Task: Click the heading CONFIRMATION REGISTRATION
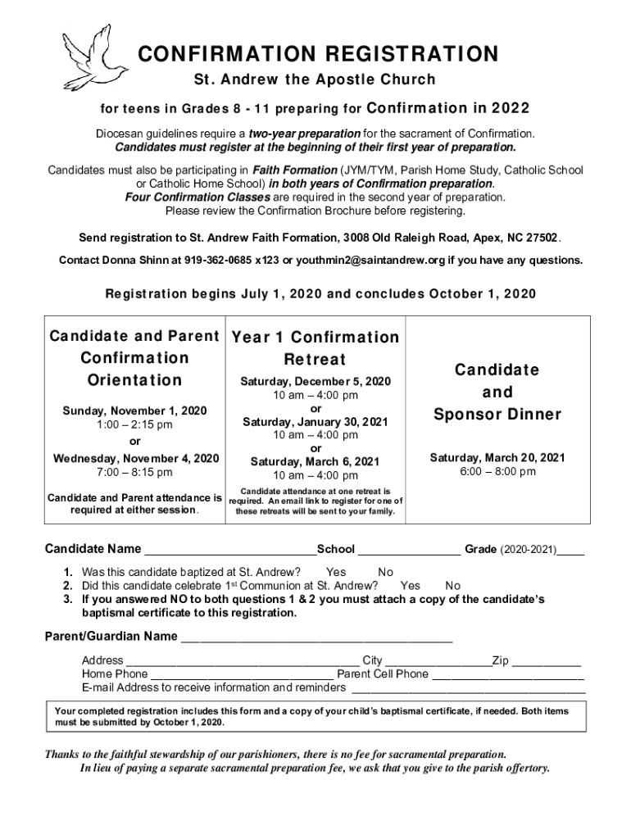pyautogui.click(x=317, y=54)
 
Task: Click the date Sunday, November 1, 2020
pyautogui.click(x=136, y=410)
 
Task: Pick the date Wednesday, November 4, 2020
pyautogui.click(x=136, y=458)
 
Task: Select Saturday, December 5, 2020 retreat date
pyautogui.click(x=315, y=382)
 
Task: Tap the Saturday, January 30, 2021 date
pyautogui.click(x=315, y=422)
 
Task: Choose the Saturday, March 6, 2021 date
pyautogui.click(x=315, y=461)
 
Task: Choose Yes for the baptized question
pyautogui.click(x=336, y=572)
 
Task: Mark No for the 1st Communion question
pyautogui.click(x=452, y=586)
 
